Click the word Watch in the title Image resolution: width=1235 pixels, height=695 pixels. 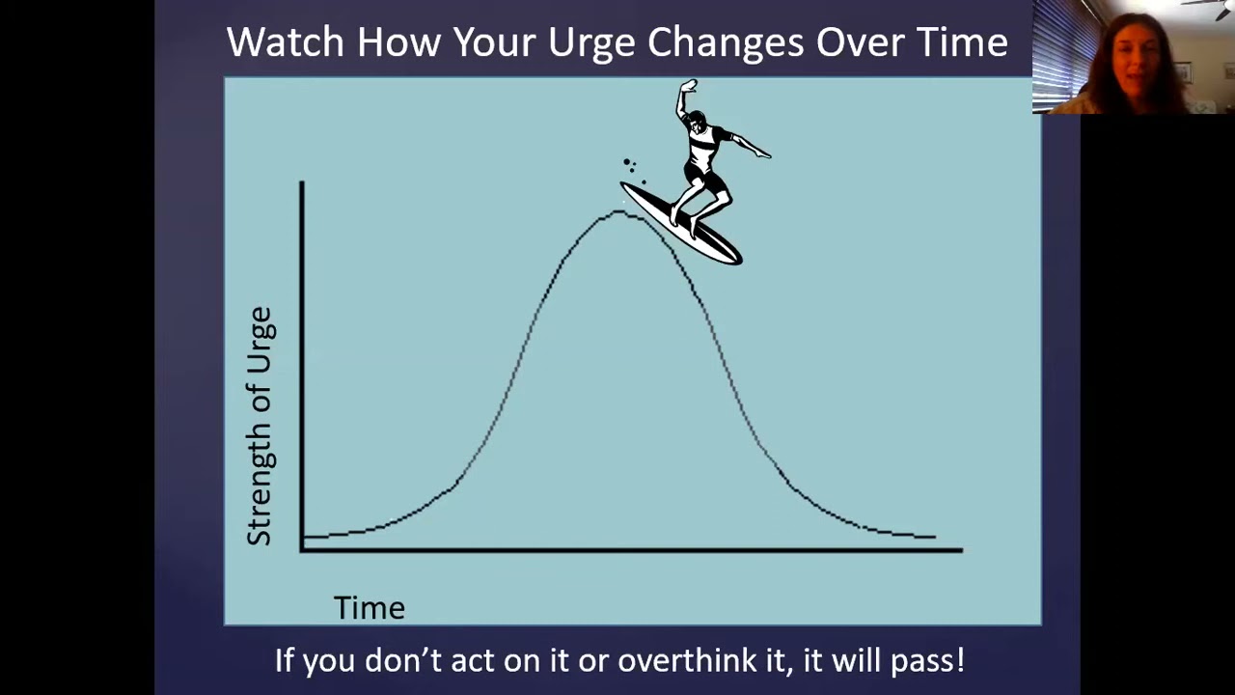(x=285, y=42)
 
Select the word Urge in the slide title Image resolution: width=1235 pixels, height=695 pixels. (x=590, y=42)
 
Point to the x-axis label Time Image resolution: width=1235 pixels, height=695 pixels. (x=369, y=608)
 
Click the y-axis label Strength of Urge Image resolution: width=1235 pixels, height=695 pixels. (x=261, y=426)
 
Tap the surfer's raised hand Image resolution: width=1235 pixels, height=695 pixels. (x=687, y=88)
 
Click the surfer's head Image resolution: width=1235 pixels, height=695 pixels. (x=693, y=122)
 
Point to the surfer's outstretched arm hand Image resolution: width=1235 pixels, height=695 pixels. (x=763, y=153)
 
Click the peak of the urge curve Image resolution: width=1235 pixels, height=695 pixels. (x=619, y=212)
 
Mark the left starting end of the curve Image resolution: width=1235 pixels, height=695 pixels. (x=305, y=537)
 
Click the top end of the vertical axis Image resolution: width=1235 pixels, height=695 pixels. (x=302, y=182)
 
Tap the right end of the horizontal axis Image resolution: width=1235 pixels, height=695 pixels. (x=960, y=550)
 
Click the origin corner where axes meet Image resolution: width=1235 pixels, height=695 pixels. (x=302, y=549)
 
